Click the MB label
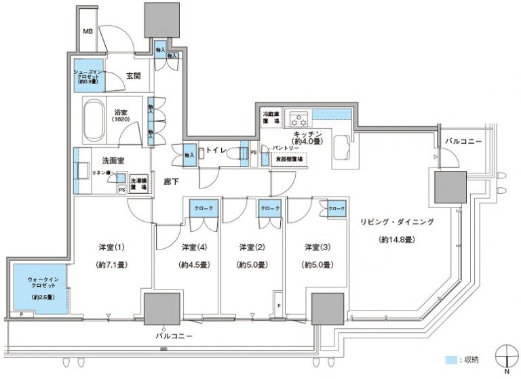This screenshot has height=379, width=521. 88,31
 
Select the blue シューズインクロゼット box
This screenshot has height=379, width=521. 92,76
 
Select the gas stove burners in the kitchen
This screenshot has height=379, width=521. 298,119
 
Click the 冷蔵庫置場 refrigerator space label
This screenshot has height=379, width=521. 271,118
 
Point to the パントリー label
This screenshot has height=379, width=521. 286,146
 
